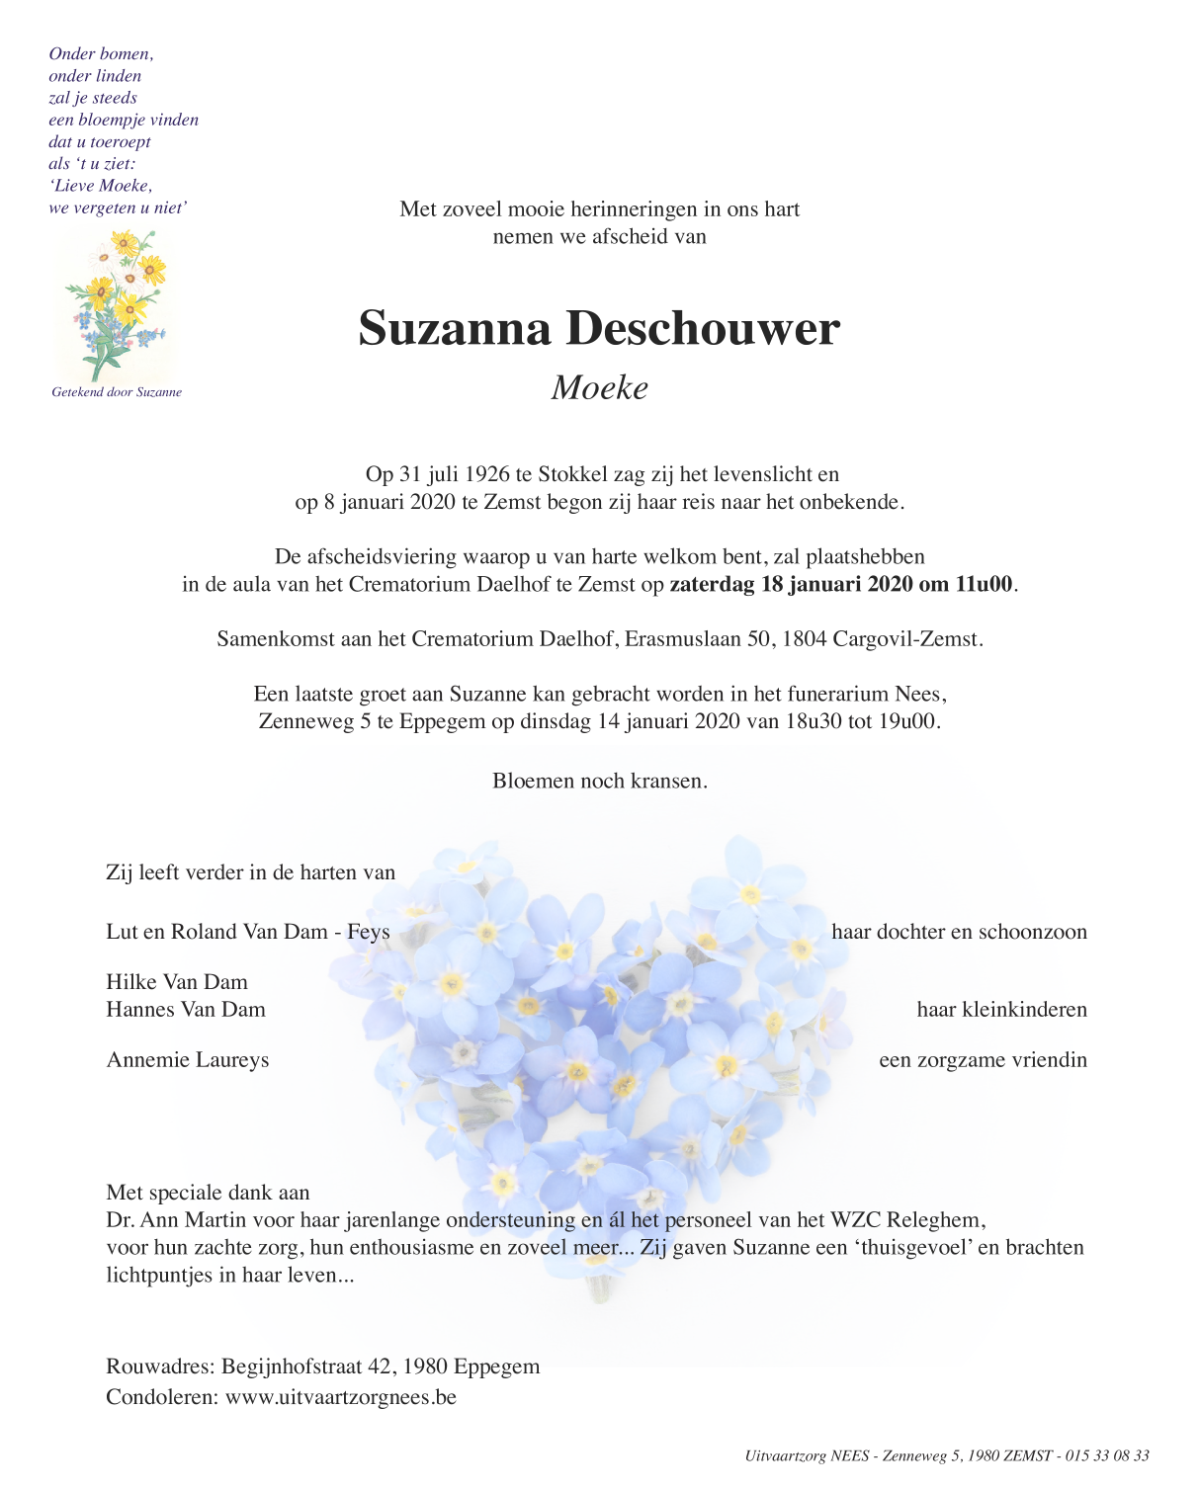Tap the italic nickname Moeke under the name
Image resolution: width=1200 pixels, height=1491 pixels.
tap(600, 387)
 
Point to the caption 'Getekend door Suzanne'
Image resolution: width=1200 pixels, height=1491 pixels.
tap(117, 392)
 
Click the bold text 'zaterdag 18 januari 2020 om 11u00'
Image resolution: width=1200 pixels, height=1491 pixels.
tap(841, 584)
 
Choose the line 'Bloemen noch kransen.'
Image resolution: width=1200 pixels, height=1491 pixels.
tap(600, 781)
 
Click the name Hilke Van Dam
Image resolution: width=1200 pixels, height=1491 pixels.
tap(177, 982)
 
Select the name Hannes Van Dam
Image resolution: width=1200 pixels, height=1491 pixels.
tap(186, 1010)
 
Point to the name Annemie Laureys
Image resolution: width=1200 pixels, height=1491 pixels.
tap(188, 1060)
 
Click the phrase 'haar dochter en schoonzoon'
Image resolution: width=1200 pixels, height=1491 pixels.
tap(959, 932)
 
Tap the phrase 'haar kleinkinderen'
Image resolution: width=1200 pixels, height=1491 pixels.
tap(1001, 1010)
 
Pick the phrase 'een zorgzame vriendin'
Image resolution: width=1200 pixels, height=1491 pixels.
tap(983, 1060)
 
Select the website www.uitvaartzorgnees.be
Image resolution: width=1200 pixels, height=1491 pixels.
tap(341, 1397)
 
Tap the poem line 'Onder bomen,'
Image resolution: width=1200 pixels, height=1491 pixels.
tap(101, 54)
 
